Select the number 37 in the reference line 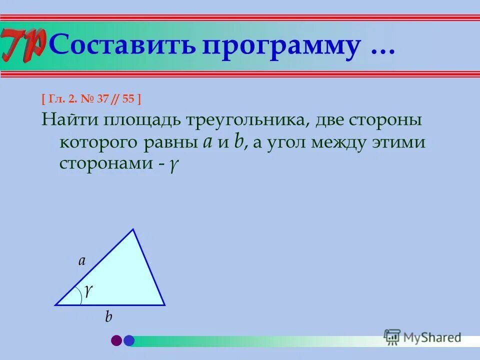(x=103, y=99)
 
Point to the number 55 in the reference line (x=128, y=99)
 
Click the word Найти (x=69, y=121)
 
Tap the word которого (x=99, y=143)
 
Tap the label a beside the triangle (x=82, y=260)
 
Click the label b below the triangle (x=108, y=317)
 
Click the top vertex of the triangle (x=133, y=229)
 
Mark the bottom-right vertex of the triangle (x=164, y=304)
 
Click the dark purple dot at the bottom (x=116, y=340)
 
